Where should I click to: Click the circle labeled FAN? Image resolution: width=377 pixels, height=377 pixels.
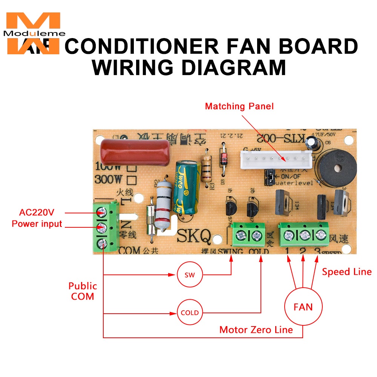pyautogui.click(x=303, y=306)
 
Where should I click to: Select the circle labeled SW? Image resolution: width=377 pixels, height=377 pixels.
pyautogui.click(x=190, y=275)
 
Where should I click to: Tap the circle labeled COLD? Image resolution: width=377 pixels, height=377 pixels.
pyautogui.click(x=190, y=313)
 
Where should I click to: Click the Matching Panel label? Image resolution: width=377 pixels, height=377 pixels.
pyautogui.click(x=239, y=106)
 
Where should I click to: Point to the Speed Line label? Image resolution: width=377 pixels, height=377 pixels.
pyautogui.click(x=346, y=272)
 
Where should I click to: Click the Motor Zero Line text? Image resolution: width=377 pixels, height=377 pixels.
pyautogui.click(x=256, y=330)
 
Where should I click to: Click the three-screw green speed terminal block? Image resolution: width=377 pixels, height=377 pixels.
pyautogui.click(x=303, y=236)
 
